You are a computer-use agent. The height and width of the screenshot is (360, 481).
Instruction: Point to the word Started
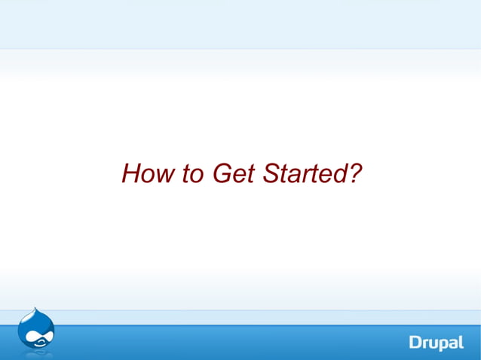click(302, 175)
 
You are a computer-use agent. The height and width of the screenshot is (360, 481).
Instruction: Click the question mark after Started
click(355, 174)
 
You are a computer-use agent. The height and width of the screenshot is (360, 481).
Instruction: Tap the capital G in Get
click(220, 175)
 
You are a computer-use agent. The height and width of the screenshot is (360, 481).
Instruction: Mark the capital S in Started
click(270, 175)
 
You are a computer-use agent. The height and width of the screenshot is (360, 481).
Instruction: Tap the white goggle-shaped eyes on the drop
click(37, 336)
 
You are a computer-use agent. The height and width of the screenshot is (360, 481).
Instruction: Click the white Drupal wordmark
click(437, 343)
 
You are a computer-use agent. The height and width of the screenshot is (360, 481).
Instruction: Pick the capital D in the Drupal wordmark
click(415, 343)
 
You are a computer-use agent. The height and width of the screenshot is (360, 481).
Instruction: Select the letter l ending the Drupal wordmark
click(461, 342)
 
